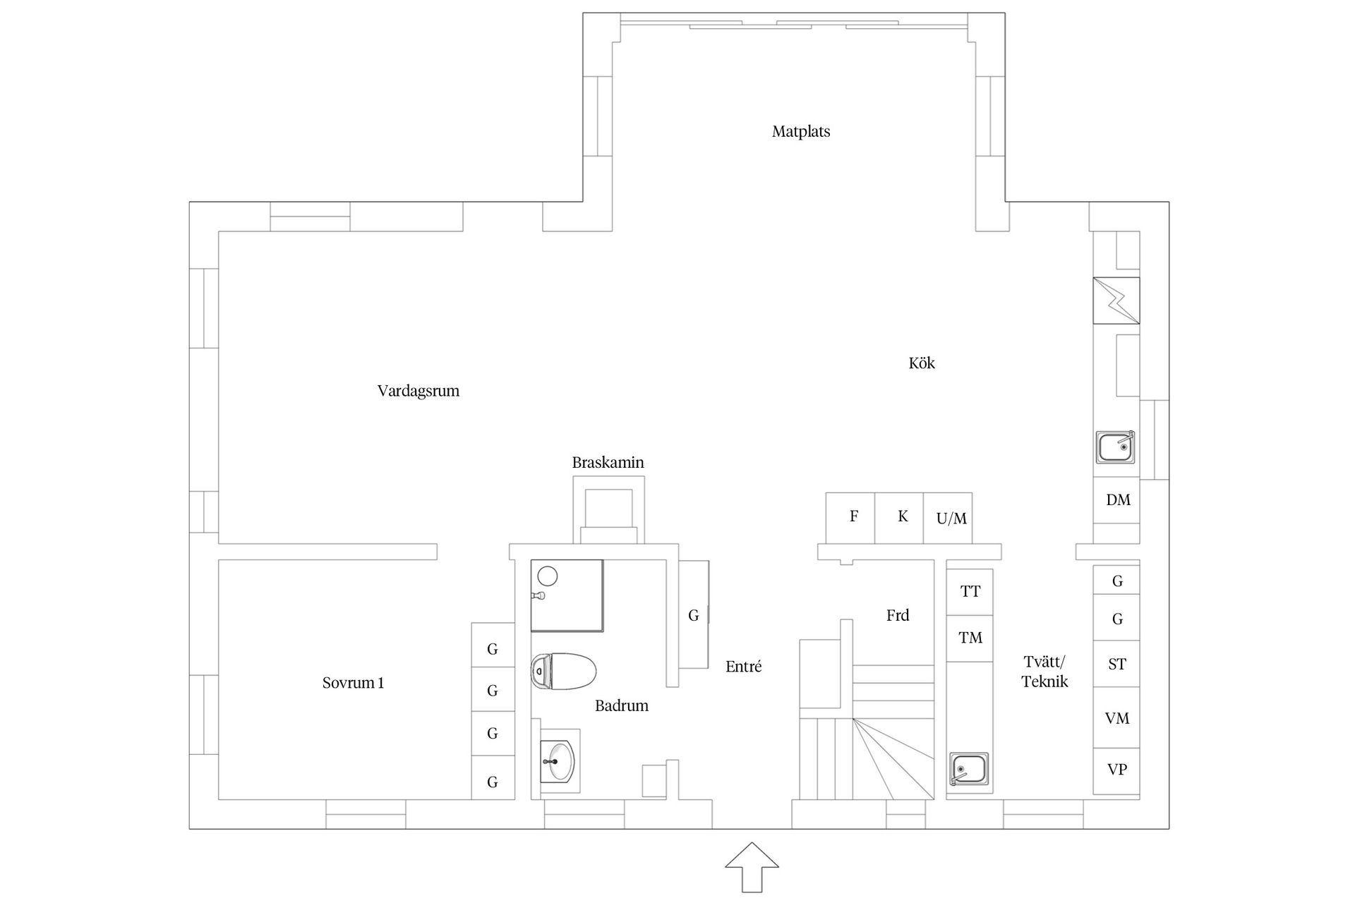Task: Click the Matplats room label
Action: (x=801, y=132)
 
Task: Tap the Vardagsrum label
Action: (x=418, y=392)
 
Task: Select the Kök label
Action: (x=922, y=363)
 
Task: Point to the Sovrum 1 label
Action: (x=353, y=683)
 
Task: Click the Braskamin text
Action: (x=608, y=463)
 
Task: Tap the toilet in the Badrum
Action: (x=563, y=670)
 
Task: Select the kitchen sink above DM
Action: (x=1115, y=447)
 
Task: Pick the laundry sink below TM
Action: (x=970, y=769)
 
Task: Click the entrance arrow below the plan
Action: (x=752, y=867)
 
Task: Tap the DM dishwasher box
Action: (x=1116, y=500)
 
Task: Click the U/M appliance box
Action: (x=948, y=519)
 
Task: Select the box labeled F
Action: (x=850, y=519)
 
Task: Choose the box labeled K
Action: (x=899, y=519)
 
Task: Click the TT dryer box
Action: (x=970, y=592)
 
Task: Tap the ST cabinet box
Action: (x=1116, y=664)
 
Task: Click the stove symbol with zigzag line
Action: (x=1116, y=301)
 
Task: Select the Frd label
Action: (x=898, y=616)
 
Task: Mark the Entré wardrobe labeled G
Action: (x=694, y=615)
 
